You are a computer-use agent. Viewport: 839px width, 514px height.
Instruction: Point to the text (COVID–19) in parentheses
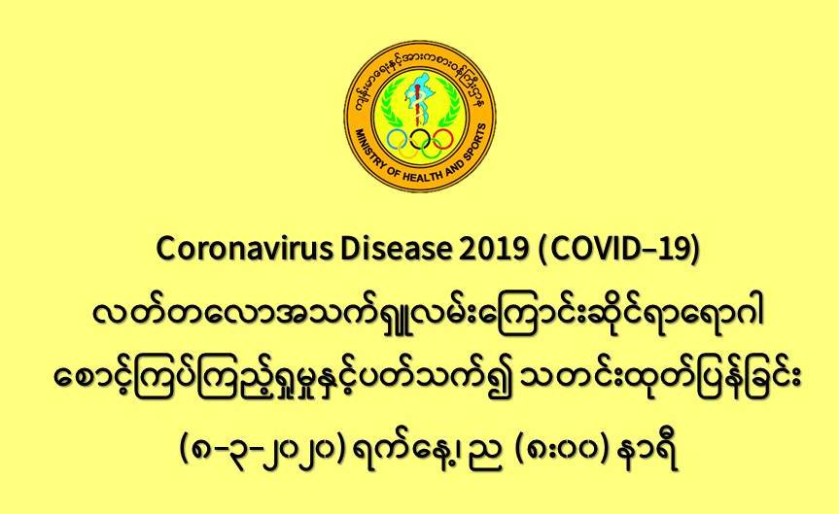pos(618,250)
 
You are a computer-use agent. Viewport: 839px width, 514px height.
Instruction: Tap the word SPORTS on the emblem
pos(474,143)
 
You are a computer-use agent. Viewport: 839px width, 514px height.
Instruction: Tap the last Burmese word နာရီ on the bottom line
pos(648,454)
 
